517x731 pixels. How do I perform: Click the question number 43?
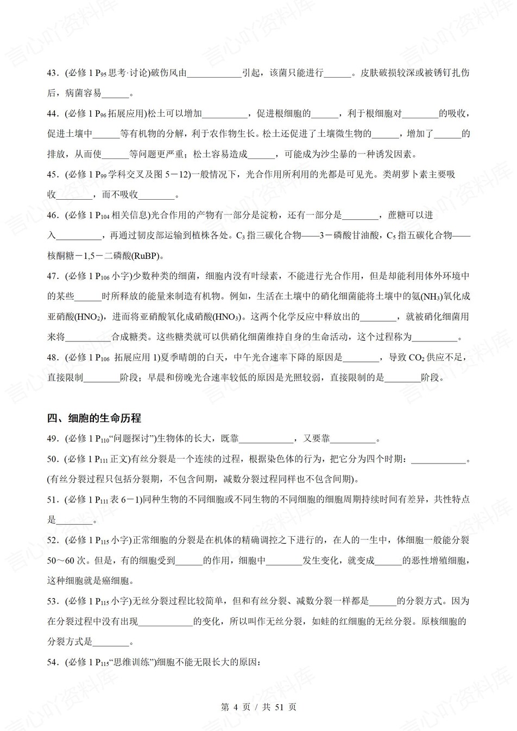click(53, 73)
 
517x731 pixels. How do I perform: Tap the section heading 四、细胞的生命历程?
click(94, 418)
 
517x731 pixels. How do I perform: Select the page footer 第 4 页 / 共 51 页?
click(258, 707)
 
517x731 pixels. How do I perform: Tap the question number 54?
click(53, 662)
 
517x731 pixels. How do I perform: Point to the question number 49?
click(53, 438)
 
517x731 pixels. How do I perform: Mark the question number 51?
click(53, 499)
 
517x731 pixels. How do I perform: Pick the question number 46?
click(53, 215)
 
